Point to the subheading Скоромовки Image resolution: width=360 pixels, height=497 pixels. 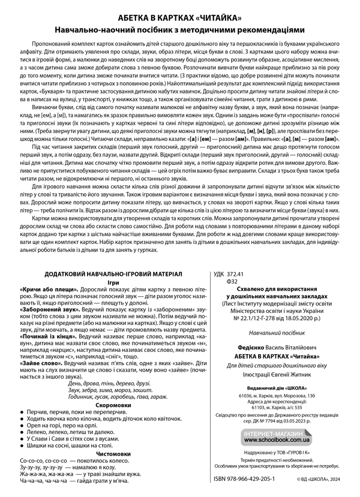point(102,405)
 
